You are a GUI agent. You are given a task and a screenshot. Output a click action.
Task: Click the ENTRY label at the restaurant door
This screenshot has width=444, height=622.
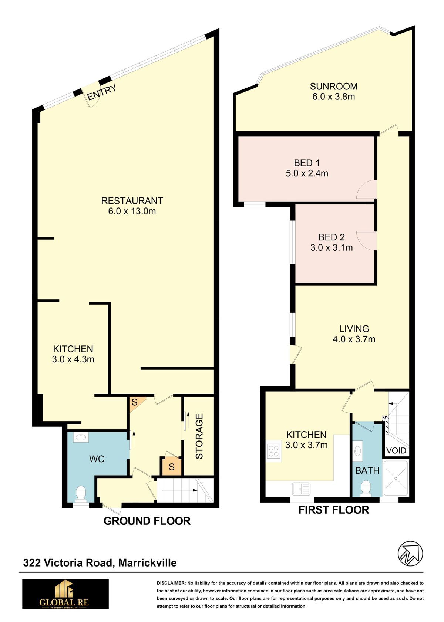point(101,92)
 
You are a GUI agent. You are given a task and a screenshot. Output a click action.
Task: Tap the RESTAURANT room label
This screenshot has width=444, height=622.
point(132,200)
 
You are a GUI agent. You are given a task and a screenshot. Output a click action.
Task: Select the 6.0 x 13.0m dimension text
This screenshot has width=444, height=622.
point(132,211)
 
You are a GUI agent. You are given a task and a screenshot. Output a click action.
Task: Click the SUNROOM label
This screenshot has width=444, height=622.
point(333,87)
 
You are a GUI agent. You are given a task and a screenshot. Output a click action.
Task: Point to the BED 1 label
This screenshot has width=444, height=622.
point(307,163)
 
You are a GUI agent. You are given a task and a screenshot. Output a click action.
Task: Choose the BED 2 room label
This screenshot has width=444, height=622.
point(332,237)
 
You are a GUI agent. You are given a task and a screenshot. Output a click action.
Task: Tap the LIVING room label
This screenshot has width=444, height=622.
point(354,328)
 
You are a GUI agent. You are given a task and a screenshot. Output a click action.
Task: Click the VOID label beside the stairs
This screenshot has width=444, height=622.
point(396,450)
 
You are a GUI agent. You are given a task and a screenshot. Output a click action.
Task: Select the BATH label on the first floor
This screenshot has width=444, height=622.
point(367,470)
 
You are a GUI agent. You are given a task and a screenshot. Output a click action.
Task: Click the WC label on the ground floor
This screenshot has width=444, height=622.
point(97,459)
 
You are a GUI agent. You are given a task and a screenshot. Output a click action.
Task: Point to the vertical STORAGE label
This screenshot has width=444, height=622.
point(199,436)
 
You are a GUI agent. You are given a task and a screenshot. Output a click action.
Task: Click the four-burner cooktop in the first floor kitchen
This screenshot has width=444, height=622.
point(273,451)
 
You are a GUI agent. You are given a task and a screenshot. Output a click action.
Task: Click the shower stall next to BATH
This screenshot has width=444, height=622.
point(396,478)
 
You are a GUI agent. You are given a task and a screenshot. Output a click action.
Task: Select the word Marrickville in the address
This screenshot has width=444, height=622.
point(147,562)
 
